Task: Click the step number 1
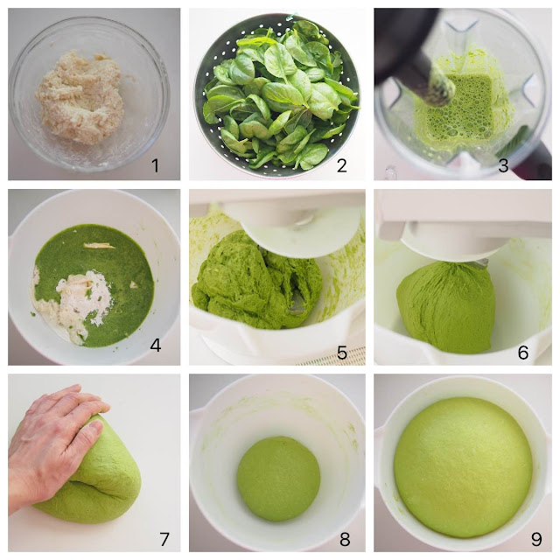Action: (155, 165)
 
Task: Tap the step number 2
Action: (342, 165)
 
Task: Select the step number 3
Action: (503, 165)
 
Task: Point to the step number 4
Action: (156, 345)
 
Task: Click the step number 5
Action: (342, 353)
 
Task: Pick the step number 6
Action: (523, 353)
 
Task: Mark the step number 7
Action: (164, 539)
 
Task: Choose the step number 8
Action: (344, 539)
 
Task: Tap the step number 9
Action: (536, 539)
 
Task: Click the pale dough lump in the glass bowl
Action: (80, 97)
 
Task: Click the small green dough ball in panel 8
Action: (278, 479)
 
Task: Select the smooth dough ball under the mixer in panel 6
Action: (446, 307)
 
